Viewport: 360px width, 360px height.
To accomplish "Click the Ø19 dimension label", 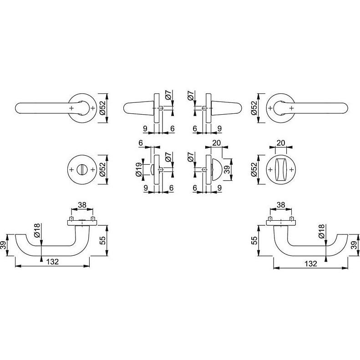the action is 139,170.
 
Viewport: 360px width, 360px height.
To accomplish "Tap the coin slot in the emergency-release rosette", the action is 82,170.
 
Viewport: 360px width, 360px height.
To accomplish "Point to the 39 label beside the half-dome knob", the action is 227,170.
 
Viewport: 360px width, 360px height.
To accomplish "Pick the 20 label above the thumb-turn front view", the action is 280,143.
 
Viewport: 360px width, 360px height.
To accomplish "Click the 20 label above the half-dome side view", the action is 216,143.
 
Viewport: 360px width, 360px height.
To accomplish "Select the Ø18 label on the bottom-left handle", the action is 37,230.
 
